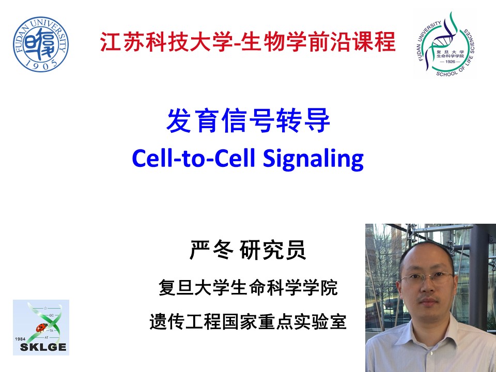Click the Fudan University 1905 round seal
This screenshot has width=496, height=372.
41,44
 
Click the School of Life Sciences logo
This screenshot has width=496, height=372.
445,44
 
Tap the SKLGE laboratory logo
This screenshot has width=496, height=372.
41,328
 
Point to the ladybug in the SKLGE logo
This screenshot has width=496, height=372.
42,327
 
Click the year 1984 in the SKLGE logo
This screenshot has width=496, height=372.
20,339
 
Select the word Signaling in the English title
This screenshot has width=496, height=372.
314,159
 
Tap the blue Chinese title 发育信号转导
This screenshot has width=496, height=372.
249,120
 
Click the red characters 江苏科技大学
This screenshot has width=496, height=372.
167,41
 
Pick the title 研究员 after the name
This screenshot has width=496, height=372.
273,250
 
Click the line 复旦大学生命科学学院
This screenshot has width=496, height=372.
248,287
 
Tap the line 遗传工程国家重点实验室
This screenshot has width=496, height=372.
248,321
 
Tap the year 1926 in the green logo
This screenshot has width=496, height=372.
450,61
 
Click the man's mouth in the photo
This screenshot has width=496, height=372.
428,302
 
